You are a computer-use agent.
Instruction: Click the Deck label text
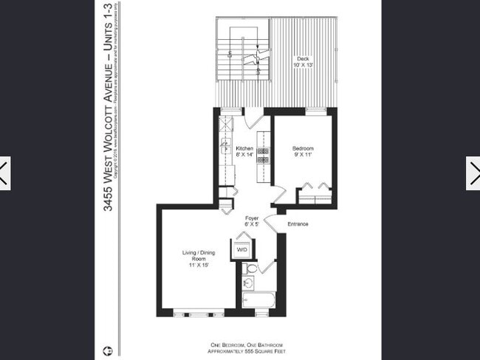(303, 58)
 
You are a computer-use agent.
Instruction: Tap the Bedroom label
(304, 148)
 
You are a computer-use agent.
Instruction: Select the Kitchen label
(244, 148)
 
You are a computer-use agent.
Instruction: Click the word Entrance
(298, 224)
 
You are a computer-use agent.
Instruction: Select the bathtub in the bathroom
(258, 300)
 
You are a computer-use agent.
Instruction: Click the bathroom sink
(249, 283)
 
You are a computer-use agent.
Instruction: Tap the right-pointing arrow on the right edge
(473, 173)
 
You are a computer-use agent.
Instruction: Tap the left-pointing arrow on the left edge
(4, 173)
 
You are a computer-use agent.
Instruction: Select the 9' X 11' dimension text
(304, 156)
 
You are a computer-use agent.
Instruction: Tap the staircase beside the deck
(243, 55)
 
